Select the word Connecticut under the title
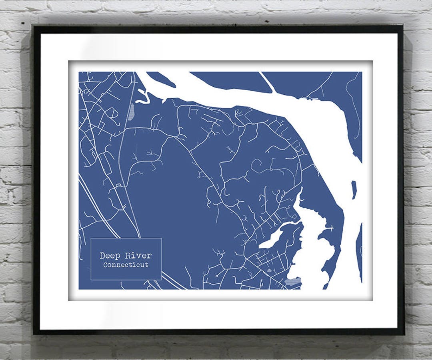point(126,265)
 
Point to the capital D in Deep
point(103,256)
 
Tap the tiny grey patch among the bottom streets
point(269,271)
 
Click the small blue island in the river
point(354,190)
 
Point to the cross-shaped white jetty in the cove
point(330,228)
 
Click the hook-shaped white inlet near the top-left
point(143,96)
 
